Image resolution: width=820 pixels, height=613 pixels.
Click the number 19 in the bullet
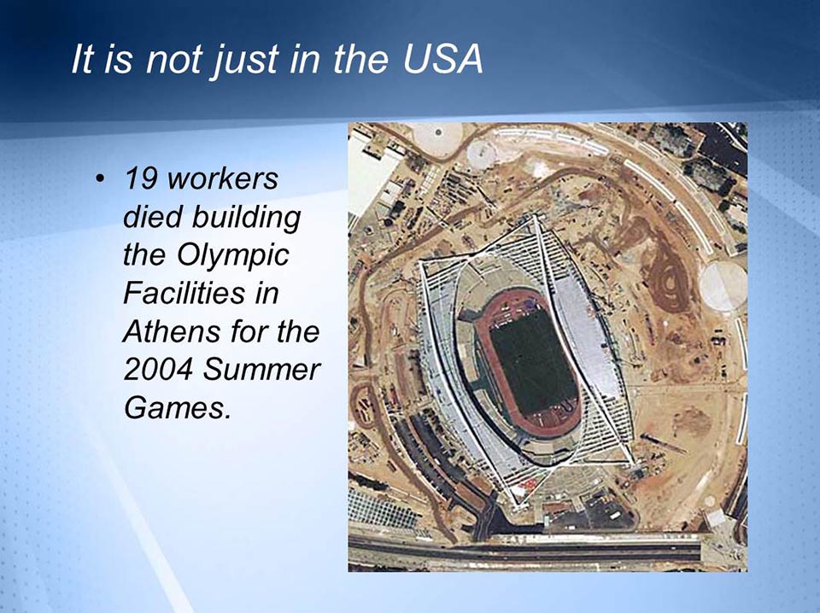[x=140, y=180]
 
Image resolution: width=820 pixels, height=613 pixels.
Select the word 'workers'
[x=223, y=180]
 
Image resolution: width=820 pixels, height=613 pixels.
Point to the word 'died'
[x=153, y=218]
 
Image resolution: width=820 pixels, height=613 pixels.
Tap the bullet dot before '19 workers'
[x=101, y=180]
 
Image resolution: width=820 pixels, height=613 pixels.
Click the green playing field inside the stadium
[x=533, y=362]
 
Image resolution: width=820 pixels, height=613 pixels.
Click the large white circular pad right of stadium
[x=721, y=286]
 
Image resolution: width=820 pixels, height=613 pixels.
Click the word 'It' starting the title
[x=82, y=61]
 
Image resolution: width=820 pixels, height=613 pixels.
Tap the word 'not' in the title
[x=172, y=61]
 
